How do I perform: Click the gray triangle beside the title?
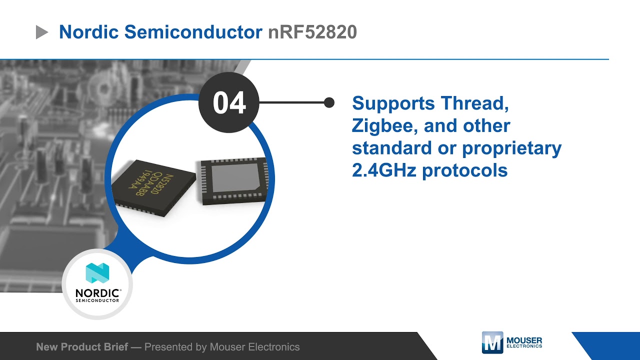(x=42, y=33)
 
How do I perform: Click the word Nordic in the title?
(x=88, y=32)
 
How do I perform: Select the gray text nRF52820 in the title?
(x=312, y=32)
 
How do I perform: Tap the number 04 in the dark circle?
(x=229, y=103)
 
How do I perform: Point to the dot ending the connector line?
(x=329, y=102)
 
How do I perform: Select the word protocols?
(x=465, y=171)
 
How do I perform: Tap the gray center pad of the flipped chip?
(x=234, y=180)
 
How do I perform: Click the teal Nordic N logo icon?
(x=97, y=273)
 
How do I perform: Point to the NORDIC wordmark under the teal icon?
(x=97, y=292)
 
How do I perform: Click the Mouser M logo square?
(x=492, y=342)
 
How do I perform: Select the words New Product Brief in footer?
(x=82, y=346)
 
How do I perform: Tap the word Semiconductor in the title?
(x=193, y=32)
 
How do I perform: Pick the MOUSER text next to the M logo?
(x=524, y=340)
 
